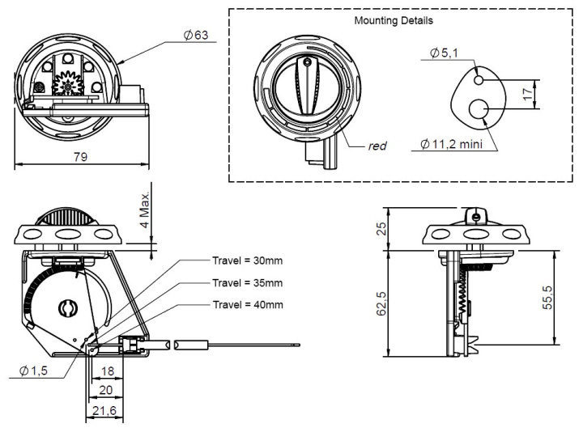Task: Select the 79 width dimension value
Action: pyautogui.click(x=80, y=158)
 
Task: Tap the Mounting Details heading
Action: pyautogui.click(x=394, y=19)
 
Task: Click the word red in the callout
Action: pyautogui.click(x=377, y=146)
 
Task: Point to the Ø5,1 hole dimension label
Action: pyautogui.click(x=445, y=54)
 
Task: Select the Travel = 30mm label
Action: pyautogui.click(x=247, y=260)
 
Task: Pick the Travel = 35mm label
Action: pyautogui.click(x=247, y=283)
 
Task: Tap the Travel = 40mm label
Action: pyautogui.click(x=247, y=305)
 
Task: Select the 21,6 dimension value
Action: pyautogui.click(x=104, y=412)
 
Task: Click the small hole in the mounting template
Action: pyautogui.click(x=479, y=80)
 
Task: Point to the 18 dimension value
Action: pyautogui.click(x=107, y=373)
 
